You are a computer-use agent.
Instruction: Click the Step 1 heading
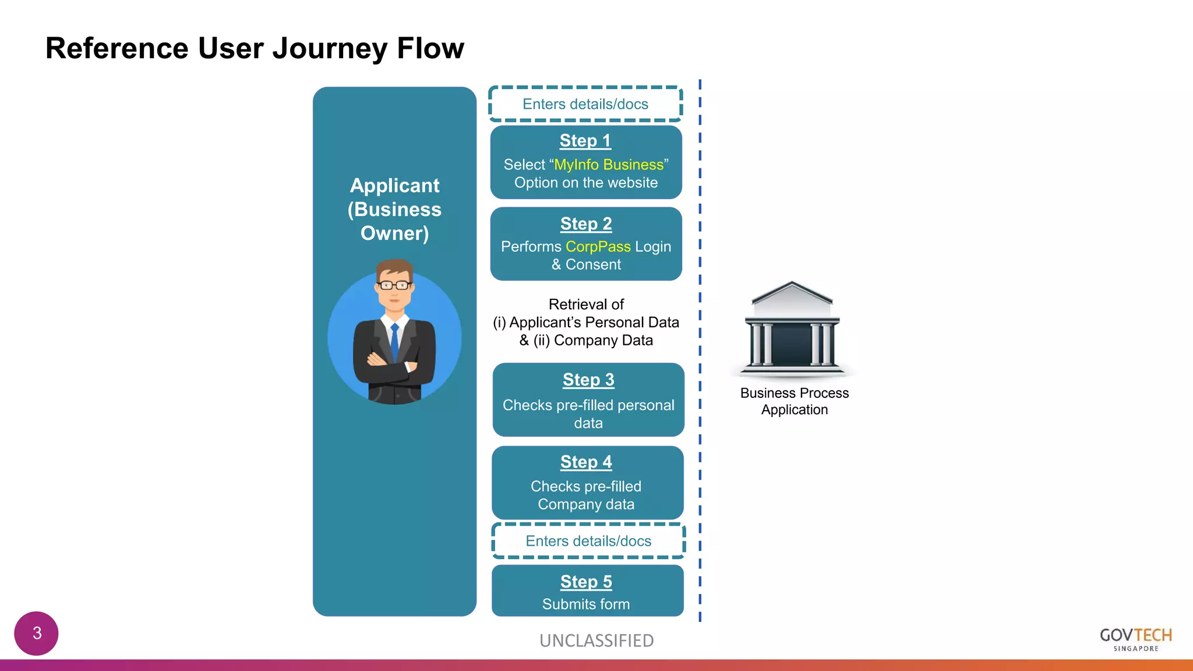point(585,141)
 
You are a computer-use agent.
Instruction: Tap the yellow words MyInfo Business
point(608,165)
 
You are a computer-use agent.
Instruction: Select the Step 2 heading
point(586,224)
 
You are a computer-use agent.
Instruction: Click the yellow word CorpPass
point(598,247)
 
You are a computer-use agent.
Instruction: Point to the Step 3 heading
point(588,380)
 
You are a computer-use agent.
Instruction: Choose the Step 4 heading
point(586,462)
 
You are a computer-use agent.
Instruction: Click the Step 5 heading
point(586,582)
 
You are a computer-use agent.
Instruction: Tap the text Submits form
point(586,605)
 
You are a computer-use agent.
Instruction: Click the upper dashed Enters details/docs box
point(585,104)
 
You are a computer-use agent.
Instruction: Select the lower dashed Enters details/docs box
point(588,541)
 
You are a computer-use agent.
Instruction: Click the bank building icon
point(792,326)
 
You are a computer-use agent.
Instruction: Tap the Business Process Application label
point(794,401)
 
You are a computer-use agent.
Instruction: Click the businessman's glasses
point(394,285)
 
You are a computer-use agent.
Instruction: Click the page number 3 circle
point(37,633)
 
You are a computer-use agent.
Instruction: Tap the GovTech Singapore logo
point(1135,639)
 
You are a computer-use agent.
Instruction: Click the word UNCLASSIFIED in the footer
point(596,641)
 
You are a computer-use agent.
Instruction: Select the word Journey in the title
point(329,48)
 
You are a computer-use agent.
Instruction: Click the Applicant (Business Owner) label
point(394,209)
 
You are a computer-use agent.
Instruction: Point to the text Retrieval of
point(586,305)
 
